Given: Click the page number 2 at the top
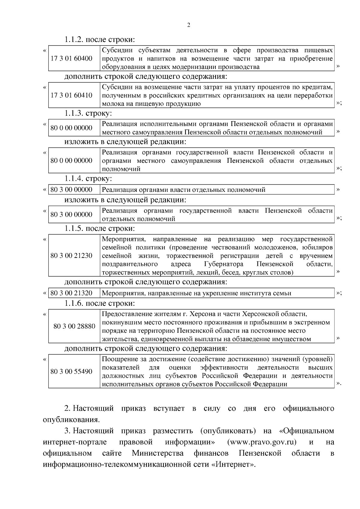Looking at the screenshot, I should click(188, 25).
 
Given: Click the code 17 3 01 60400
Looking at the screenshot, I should click(71, 58).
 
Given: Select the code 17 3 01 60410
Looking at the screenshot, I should click(71, 95).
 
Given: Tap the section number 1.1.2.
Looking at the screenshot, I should click(74, 40).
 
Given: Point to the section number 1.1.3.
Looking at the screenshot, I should click(74, 114).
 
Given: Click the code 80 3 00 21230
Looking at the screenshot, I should click(71, 256).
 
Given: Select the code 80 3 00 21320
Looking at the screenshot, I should click(71, 293).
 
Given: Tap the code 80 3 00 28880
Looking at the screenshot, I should click(74, 326).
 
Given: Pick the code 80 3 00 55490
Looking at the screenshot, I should click(71, 371).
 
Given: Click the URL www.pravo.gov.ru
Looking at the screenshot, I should click(262, 442).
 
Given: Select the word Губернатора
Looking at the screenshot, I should click(223, 264).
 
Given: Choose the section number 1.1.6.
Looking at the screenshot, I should click(74, 303).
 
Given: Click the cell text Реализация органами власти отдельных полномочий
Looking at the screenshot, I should click(184, 189).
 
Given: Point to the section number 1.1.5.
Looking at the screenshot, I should click(74, 228).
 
